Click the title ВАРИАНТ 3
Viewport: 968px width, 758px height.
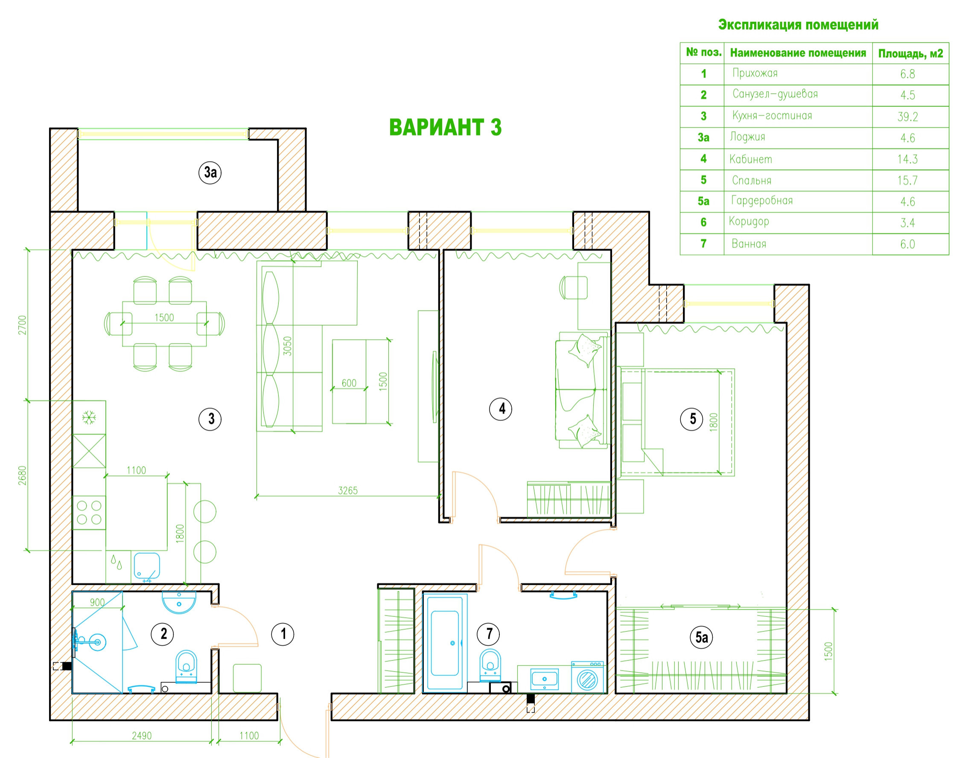[445, 127]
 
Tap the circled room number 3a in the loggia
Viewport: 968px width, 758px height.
[210, 172]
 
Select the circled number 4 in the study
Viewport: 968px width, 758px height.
[501, 409]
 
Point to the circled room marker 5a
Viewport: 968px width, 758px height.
[701, 638]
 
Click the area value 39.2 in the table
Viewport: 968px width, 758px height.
[908, 117]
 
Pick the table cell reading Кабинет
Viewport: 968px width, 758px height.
[750, 159]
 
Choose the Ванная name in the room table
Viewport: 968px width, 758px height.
[749, 244]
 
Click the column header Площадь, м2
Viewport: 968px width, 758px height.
[910, 54]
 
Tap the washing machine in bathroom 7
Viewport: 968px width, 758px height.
[587, 677]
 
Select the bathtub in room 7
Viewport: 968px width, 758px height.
[445, 643]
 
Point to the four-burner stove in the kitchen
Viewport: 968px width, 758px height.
[89, 513]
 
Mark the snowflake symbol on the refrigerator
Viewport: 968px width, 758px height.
[89, 417]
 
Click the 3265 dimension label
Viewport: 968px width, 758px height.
[347, 490]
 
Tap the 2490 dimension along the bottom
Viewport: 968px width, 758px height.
[142, 736]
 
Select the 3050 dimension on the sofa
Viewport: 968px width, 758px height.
[288, 346]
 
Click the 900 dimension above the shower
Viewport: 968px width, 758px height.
[97, 602]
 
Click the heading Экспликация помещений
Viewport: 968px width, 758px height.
[798, 25]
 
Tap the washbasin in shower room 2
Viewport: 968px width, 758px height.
[179, 602]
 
